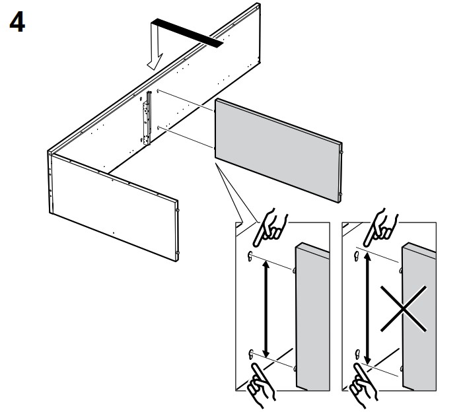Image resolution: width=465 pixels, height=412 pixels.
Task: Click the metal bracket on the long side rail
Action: pos(147,118)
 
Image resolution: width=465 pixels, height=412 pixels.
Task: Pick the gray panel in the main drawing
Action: pos(277,149)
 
